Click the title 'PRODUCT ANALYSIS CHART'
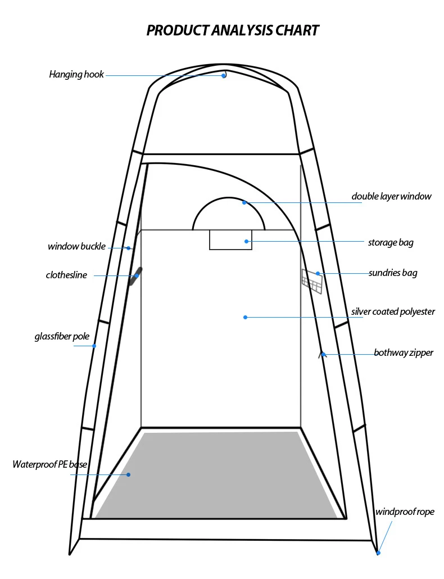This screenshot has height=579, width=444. point(233,30)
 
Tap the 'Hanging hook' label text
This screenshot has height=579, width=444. point(76,74)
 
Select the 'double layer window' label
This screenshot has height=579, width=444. point(391,196)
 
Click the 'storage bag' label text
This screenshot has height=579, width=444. point(391,243)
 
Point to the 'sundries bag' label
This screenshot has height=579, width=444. point(393,273)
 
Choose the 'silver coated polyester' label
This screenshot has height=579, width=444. point(393,311)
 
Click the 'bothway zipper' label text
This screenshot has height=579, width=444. point(404,353)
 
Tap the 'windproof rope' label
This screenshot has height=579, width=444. point(405,512)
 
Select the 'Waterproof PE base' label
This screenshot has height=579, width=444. point(50,464)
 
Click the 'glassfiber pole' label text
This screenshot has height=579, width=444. point(62,337)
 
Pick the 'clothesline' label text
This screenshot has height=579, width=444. point(66,275)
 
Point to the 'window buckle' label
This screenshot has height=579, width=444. point(76,246)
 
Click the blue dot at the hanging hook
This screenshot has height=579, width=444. point(224,75)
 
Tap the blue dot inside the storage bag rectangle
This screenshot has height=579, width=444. point(246,241)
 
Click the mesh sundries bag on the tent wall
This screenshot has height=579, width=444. point(312,281)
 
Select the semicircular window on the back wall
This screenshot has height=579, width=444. point(228,215)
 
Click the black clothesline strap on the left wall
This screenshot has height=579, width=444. point(135,277)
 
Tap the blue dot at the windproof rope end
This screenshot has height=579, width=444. point(378,553)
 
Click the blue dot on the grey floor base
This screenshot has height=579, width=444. point(128,475)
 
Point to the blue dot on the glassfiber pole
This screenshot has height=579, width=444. point(94,346)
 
